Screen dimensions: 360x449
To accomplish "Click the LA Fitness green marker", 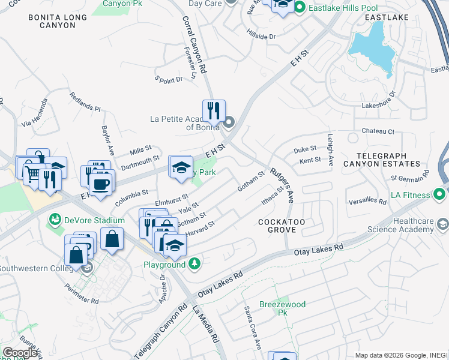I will click(x=439, y=194).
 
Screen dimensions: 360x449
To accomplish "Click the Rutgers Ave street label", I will click(x=282, y=184).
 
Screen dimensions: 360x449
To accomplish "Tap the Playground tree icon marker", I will click(x=194, y=263).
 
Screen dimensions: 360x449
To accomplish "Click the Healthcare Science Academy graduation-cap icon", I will click(x=442, y=224).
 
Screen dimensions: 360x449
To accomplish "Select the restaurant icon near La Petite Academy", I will click(x=214, y=110).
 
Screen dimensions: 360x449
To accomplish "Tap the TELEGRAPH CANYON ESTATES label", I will click(x=382, y=159).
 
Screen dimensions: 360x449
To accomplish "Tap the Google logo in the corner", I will click(x=20, y=353).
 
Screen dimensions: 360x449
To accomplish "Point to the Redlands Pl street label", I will click(x=85, y=103).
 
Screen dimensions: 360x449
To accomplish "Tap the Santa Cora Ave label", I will click(x=252, y=327).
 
